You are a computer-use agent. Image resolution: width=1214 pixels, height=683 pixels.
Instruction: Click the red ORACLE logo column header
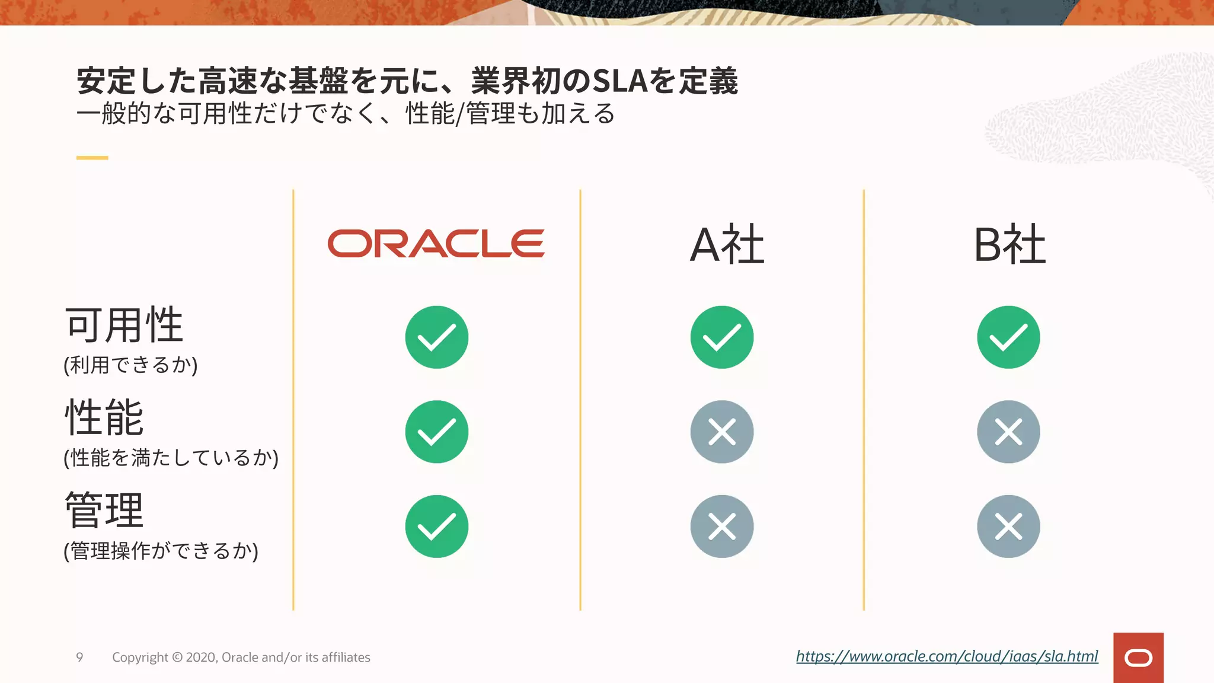pyautogui.click(x=436, y=244)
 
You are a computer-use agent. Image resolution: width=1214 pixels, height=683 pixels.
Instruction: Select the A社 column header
pyautogui.click(x=727, y=244)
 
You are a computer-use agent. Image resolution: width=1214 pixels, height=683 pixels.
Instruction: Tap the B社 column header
pyautogui.click(x=1009, y=244)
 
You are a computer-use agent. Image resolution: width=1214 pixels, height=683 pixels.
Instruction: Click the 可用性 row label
pyautogui.click(x=124, y=325)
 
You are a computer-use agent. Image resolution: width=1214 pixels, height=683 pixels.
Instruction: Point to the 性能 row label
pyautogui.click(x=104, y=417)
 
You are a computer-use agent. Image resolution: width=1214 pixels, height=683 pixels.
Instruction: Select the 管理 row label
pyautogui.click(x=104, y=510)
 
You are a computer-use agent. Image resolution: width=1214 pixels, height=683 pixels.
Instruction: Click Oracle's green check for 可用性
pyautogui.click(x=437, y=337)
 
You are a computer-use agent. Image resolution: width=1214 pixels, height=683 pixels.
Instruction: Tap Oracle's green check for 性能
pyautogui.click(x=437, y=432)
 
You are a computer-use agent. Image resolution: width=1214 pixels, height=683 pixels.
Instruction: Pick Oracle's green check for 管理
pyautogui.click(x=437, y=526)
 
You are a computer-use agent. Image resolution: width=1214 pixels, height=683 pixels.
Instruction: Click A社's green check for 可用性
pyautogui.click(x=722, y=337)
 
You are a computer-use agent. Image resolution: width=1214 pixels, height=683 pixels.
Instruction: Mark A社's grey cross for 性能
pyautogui.click(x=722, y=432)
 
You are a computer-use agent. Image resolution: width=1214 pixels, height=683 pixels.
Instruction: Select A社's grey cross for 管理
pyautogui.click(x=722, y=526)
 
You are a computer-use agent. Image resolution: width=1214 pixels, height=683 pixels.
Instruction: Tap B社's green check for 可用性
pyautogui.click(x=1008, y=337)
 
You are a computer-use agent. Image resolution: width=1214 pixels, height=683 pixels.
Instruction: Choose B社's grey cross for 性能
pyautogui.click(x=1008, y=432)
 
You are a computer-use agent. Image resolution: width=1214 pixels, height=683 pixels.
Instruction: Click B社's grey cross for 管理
pyautogui.click(x=1008, y=526)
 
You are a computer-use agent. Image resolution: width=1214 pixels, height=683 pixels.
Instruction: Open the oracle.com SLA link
pyautogui.click(x=947, y=656)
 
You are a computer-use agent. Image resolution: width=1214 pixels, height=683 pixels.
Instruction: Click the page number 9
pyautogui.click(x=79, y=657)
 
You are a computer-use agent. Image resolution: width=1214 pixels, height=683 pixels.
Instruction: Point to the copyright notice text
pyautogui.click(x=241, y=658)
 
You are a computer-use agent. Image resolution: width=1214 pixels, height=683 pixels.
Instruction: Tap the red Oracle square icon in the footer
pyautogui.click(x=1138, y=658)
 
